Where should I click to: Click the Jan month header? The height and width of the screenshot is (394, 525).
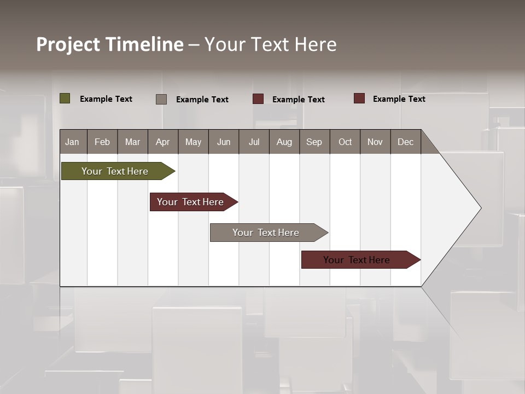(x=73, y=142)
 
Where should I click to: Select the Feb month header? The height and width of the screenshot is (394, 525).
(x=102, y=142)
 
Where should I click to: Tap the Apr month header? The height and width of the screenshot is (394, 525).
(x=163, y=142)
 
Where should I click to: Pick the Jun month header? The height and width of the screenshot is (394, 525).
(x=224, y=142)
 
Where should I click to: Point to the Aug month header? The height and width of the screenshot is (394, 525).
(x=284, y=142)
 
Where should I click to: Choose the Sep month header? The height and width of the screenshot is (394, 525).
(x=314, y=142)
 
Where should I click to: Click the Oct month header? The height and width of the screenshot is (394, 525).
(x=345, y=142)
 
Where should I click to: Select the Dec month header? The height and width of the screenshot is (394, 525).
(x=406, y=142)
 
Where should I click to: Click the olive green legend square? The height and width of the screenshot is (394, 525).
(x=65, y=99)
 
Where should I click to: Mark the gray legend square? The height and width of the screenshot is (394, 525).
(x=161, y=99)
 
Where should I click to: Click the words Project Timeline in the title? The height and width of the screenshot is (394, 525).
(x=109, y=44)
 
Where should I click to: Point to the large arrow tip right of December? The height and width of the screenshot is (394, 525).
(x=465, y=208)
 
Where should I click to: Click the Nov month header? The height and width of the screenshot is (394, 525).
(x=375, y=142)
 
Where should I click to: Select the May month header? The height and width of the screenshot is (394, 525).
(x=193, y=142)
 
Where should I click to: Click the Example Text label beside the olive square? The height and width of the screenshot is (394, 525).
(x=106, y=99)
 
